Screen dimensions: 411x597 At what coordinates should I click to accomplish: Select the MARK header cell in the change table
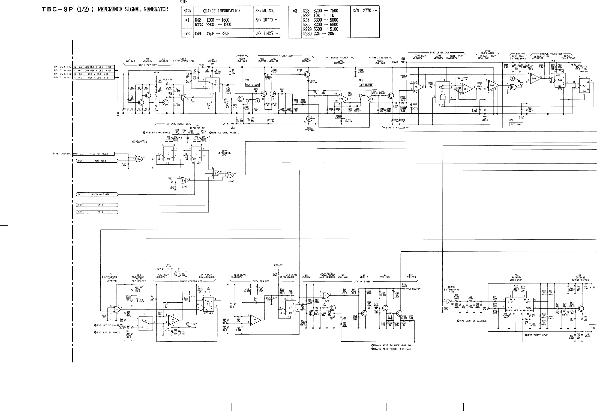187,11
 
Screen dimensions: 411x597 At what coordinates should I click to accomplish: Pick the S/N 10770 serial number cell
267,20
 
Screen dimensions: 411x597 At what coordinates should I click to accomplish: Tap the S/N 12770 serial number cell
365,11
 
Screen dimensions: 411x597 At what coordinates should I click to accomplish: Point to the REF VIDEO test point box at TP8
252,85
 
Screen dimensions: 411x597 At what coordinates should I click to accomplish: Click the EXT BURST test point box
365,85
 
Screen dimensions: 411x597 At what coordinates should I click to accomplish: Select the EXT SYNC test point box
516,124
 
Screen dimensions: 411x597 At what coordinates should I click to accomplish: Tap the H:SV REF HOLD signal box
98,154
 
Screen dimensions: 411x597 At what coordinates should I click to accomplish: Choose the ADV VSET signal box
100,161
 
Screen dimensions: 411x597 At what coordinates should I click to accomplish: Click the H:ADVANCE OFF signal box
100,195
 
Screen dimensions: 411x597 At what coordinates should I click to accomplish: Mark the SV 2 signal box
100,212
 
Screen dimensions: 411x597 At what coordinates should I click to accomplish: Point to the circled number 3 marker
512,79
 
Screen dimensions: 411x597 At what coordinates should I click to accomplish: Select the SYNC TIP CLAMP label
396,127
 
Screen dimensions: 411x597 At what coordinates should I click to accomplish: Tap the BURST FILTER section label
340,58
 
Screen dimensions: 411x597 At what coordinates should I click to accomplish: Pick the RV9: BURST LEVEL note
537,335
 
